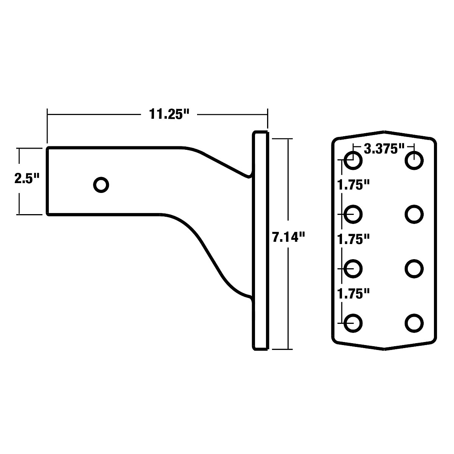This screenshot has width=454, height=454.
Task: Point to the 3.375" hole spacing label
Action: [384, 149]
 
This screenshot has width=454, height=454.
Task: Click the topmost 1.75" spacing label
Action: [353, 185]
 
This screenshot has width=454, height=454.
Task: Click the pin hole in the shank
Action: [101, 185]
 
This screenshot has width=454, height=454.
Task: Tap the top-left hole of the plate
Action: [353, 160]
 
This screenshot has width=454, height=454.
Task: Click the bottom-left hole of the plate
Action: [353, 323]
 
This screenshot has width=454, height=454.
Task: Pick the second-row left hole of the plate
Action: [353, 214]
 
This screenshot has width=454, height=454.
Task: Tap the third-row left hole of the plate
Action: [353, 268]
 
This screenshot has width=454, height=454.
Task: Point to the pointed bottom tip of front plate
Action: [384, 349]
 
